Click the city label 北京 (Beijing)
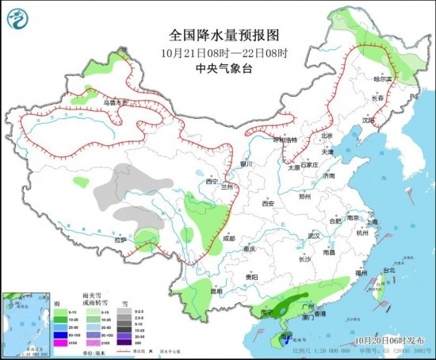pos(327,136)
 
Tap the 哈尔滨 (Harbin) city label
pos(383,79)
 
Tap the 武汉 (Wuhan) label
pos(312,236)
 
